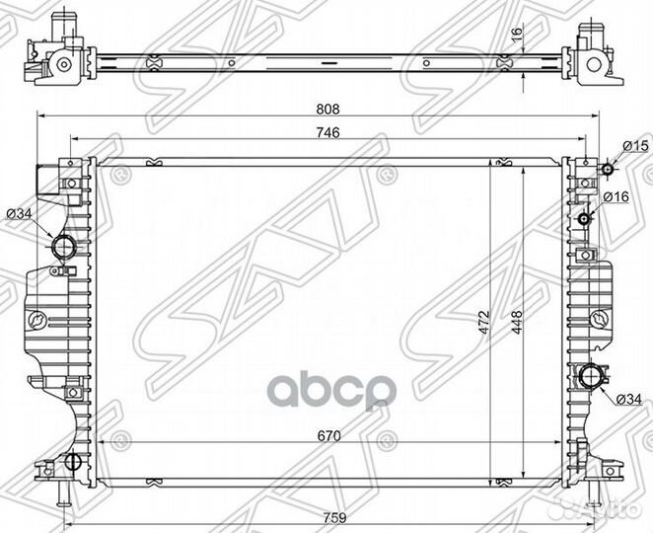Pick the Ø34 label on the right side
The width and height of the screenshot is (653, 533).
pos(630,399)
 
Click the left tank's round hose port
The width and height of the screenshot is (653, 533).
pos(63,246)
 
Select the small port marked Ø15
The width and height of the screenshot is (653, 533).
pos(610,170)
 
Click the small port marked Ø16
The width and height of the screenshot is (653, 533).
pos(586,218)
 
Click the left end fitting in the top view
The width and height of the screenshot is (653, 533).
pos(55,59)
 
